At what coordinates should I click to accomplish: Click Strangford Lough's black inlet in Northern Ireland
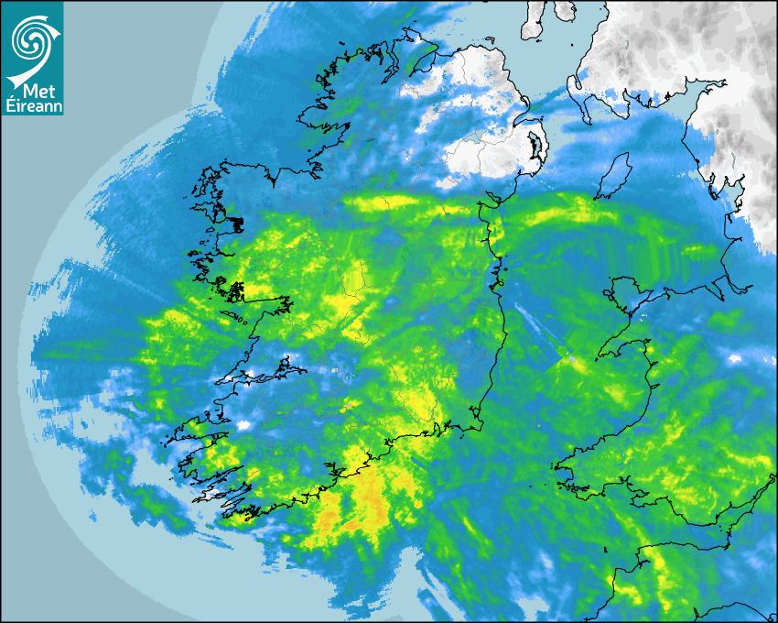pos(533,147)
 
